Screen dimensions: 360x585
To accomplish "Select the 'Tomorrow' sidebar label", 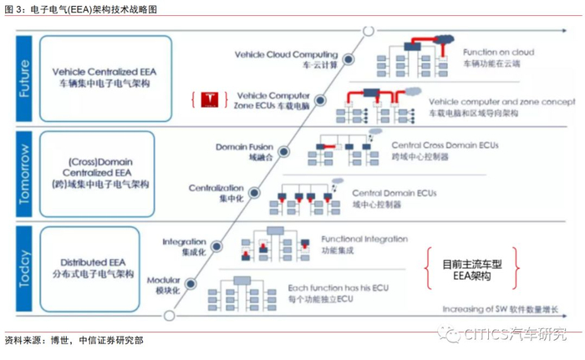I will click(x=23, y=170).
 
